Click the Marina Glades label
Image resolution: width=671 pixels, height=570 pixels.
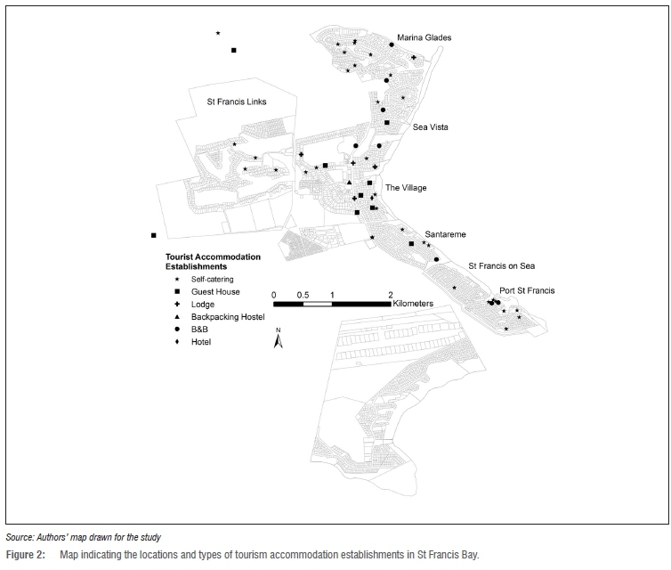(424, 37)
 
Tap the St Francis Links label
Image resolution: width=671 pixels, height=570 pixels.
(237, 102)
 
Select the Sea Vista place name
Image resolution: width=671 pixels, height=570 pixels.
(431, 127)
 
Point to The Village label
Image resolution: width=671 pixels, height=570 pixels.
(406, 188)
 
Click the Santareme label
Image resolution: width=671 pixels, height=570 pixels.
(446, 235)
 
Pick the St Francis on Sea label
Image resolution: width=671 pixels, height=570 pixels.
(502, 266)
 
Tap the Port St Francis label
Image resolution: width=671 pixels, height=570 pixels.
(527, 290)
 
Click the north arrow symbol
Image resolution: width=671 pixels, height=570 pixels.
(279, 338)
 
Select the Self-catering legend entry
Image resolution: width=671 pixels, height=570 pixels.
(213, 280)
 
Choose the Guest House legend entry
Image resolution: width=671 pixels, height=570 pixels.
(215, 291)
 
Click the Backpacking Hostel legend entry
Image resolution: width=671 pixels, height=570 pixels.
(228, 317)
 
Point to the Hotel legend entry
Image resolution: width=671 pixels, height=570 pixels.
(201, 342)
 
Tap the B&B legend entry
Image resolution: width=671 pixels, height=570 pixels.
(199, 330)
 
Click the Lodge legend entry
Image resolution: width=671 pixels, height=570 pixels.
(203, 305)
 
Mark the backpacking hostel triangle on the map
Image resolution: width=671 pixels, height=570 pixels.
(349, 183)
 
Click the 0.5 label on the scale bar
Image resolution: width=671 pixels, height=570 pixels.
(303, 295)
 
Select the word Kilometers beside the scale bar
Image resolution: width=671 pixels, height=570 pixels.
(413, 304)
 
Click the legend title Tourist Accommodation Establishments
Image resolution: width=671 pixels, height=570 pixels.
(213, 262)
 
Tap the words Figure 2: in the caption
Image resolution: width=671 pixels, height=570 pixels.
(25, 555)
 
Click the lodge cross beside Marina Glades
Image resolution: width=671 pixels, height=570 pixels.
(414, 57)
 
